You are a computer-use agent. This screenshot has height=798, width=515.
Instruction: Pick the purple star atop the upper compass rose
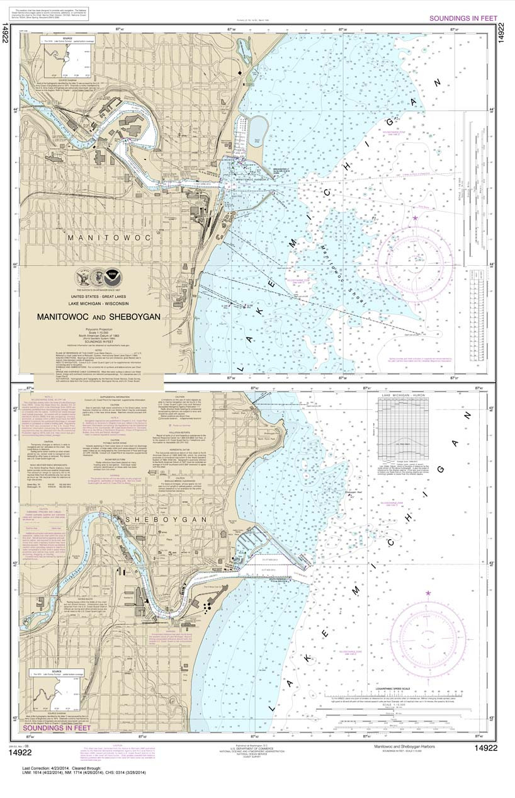click(x=416, y=219)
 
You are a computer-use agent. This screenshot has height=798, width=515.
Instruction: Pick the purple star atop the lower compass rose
click(x=429, y=593)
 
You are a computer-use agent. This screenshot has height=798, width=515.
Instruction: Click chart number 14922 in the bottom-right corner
click(x=489, y=748)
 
